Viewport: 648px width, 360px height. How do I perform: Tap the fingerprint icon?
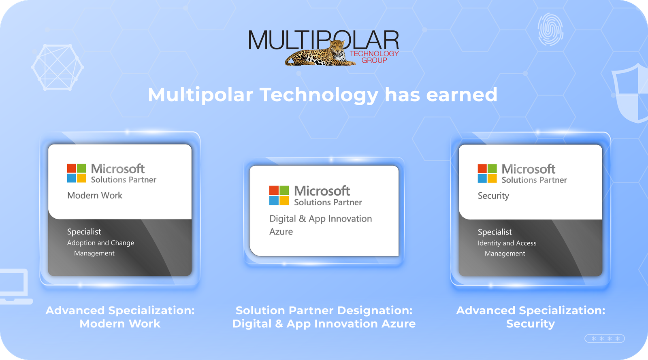(550, 29)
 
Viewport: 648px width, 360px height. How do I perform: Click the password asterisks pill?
(605, 339)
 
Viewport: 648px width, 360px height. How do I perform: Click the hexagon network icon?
(58, 67)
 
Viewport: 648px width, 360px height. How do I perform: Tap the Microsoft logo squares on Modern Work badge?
(77, 173)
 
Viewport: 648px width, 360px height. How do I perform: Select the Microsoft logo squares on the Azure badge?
(279, 196)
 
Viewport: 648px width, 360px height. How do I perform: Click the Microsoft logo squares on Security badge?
(487, 174)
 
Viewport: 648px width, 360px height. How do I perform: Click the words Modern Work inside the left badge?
(95, 196)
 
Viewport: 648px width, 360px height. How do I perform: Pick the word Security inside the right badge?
(493, 196)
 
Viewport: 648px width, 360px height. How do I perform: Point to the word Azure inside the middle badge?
(281, 232)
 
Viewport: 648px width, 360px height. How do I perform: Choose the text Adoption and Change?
(100, 243)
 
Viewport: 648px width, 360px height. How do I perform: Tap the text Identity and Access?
(507, 243)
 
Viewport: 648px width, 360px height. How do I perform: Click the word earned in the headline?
(461, 95)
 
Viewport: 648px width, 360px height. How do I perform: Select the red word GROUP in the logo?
(374, 60)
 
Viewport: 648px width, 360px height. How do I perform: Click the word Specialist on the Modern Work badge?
(84, 232)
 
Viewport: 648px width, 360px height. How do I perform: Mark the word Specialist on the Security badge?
(495, 232)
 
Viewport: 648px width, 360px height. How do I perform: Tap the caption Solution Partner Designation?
(324, 311)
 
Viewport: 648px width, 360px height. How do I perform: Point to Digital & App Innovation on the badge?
(320, 219)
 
